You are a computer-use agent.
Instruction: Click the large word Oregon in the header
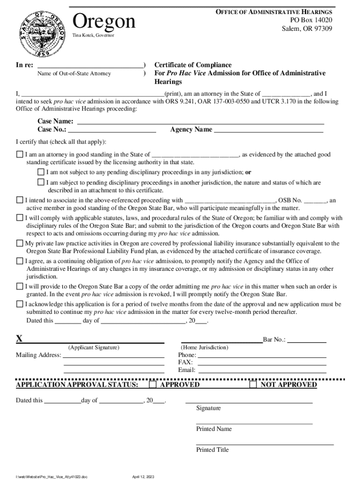(104, 22)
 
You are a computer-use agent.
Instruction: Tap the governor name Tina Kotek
(93, 36)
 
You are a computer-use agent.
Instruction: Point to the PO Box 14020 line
(311, 20)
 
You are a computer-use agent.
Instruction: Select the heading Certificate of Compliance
(193, 65)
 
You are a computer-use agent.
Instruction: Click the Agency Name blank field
(268, 130)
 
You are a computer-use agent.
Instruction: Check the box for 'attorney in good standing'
(20, 154)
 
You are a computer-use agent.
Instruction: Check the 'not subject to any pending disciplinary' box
(41, 172)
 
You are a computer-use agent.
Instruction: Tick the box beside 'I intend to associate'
(20, 200)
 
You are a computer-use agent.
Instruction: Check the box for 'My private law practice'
(20, 243)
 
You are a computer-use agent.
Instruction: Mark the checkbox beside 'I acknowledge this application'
(20, 304)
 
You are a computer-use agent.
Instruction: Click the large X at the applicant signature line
(19, 339)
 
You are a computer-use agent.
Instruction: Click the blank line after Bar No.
(307, 340)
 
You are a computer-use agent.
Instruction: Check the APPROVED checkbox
(153, 385)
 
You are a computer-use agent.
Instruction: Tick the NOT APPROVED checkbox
(253, 385)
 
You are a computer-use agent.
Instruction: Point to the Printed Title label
(212, 450)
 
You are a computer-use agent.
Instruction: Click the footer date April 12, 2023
(143, 476)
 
